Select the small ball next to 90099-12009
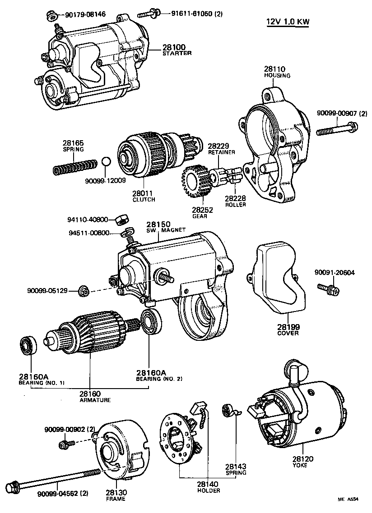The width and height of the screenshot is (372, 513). click(x=105, y=162)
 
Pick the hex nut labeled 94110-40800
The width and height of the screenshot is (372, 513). click(x=121, y=220)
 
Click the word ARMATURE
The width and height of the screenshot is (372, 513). click(x=95, y=400)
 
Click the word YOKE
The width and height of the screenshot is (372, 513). click(x=300, y=465)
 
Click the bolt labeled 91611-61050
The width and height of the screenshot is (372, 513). click(x=149, y=14)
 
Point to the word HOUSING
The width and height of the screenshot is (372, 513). click(x=277, y=75)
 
